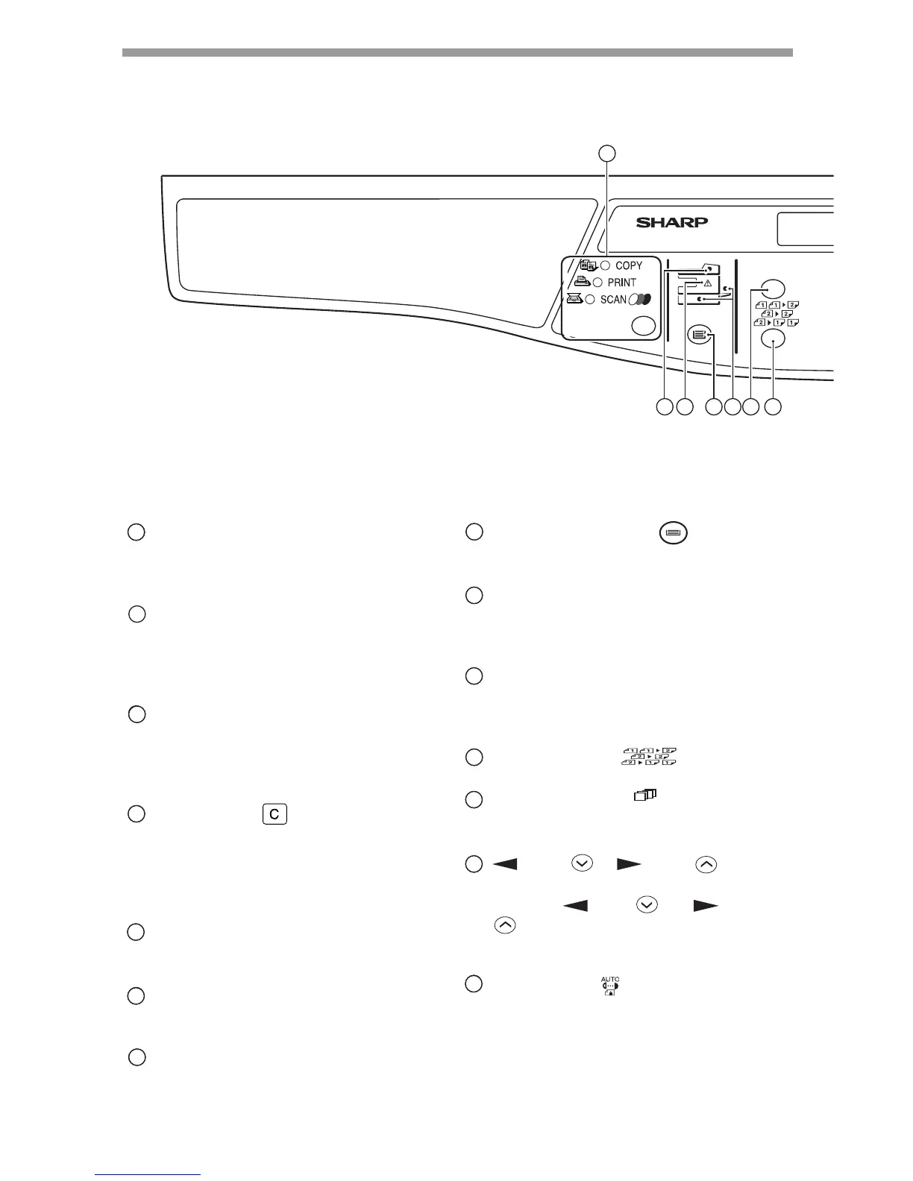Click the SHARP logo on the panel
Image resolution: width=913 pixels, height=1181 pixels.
[x=671, y=222]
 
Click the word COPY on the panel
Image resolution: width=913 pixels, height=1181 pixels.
[x=629, y=266]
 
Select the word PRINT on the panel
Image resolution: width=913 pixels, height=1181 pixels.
[x=622, y=283]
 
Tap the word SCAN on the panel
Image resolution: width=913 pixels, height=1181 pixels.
[x=613, y=300]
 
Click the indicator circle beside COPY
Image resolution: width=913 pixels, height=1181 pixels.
[x=606, y=266]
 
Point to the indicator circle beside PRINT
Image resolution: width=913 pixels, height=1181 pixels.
[x=597, y=283]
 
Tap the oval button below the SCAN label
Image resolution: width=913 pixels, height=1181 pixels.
[x=644, y=326]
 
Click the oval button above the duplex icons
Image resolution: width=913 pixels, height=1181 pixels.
[x=774, y=288]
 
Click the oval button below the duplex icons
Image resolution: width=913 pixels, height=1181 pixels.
[x=774, y=340]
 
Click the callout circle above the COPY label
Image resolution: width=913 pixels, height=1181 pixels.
[x=609, y=154]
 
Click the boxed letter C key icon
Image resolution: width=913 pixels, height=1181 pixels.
[x=274, y=815]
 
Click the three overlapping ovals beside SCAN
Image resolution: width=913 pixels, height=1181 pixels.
[x=641, y=300]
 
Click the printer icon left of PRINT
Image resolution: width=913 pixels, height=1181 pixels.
[x=582, y=282]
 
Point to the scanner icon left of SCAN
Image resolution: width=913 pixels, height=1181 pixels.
[x=574, y=299]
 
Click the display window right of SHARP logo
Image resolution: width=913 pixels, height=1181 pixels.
[x=806, y=229]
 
